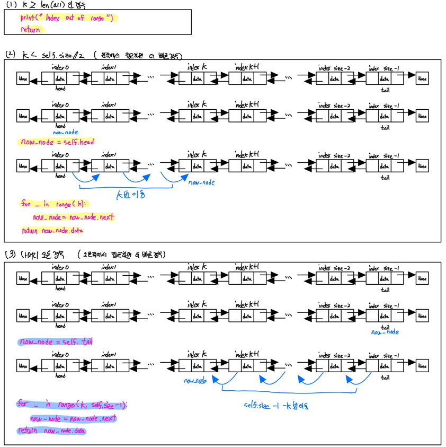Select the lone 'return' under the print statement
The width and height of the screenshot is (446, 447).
coord(30,30)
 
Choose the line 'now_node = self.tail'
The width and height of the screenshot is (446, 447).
coord(55,341)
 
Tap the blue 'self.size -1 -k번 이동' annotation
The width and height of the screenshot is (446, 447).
coord(275,406)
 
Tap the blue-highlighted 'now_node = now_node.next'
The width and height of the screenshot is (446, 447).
coord(73,418)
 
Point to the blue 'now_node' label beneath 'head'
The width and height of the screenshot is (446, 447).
coord(64,133)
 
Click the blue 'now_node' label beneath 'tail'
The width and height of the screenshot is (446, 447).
coord(385,332)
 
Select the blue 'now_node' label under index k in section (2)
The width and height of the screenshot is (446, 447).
coord(201,182)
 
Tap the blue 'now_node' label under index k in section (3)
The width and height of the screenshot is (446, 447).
coord(194,381)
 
